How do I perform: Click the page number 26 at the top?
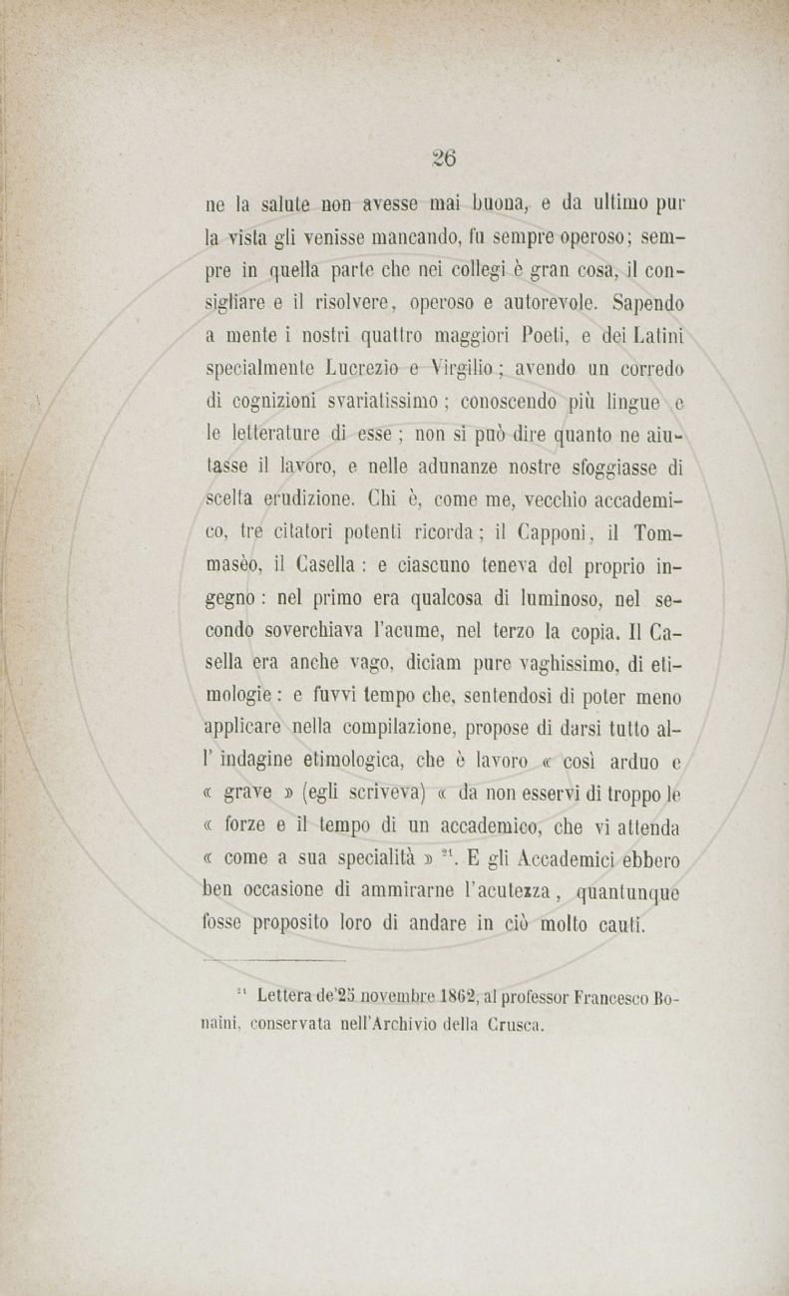coord(444,158)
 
